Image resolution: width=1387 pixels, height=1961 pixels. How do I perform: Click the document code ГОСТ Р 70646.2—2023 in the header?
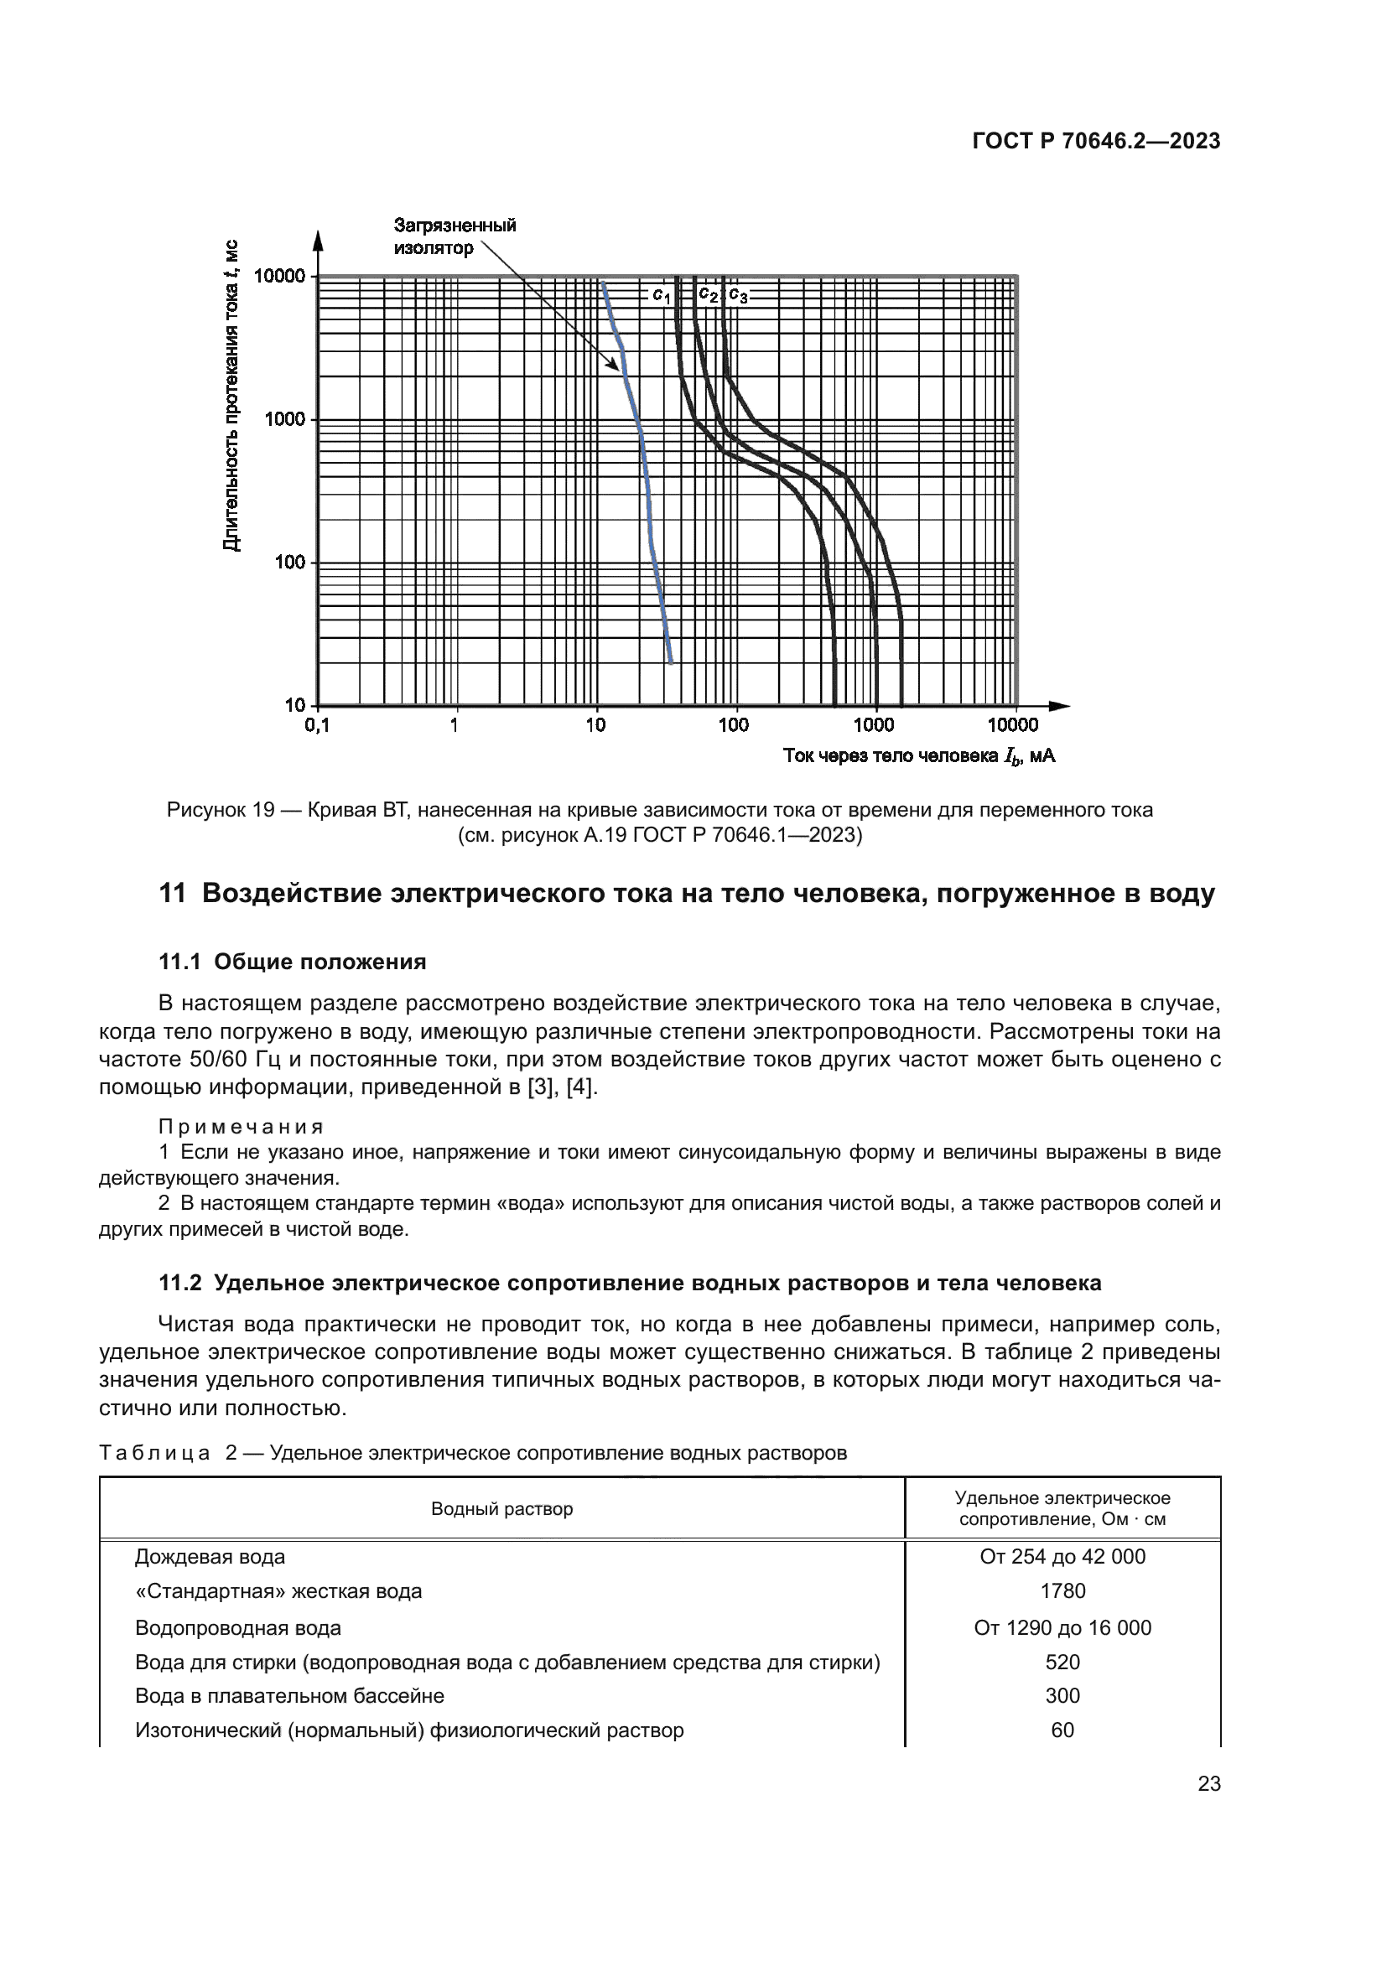pos(1096,141)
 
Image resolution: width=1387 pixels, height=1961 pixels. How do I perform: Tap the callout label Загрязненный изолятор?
pos(454,236)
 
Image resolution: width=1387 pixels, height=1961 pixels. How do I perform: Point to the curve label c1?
pos(661,295)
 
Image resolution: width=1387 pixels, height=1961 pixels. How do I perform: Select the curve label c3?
pos(738,296)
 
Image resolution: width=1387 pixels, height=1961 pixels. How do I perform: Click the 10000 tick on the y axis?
pos(279,276)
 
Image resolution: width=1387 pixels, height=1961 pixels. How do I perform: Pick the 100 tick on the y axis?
pos(289,562)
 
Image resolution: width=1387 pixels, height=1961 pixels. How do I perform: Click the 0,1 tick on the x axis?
pos(317,725)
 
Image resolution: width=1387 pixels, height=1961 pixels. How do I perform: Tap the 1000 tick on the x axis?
pos(873,725)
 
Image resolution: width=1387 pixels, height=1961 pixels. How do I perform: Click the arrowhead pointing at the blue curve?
pos(614,365)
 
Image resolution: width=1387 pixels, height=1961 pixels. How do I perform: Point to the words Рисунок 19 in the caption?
pos(221,810)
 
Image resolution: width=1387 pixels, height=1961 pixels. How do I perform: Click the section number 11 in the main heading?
pos(172,894)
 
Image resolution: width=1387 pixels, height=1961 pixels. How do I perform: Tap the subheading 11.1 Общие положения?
pos(292,962)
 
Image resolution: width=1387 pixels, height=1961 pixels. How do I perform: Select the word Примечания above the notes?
pos(241,1127)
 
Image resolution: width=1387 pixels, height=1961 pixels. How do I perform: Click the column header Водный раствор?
pos(501,1509)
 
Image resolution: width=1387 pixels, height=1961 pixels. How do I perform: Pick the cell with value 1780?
pos(1062,1591)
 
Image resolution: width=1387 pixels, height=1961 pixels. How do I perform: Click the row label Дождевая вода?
pos(210,1557)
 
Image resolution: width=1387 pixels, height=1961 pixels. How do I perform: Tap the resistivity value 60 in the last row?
pos(1062,1730)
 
